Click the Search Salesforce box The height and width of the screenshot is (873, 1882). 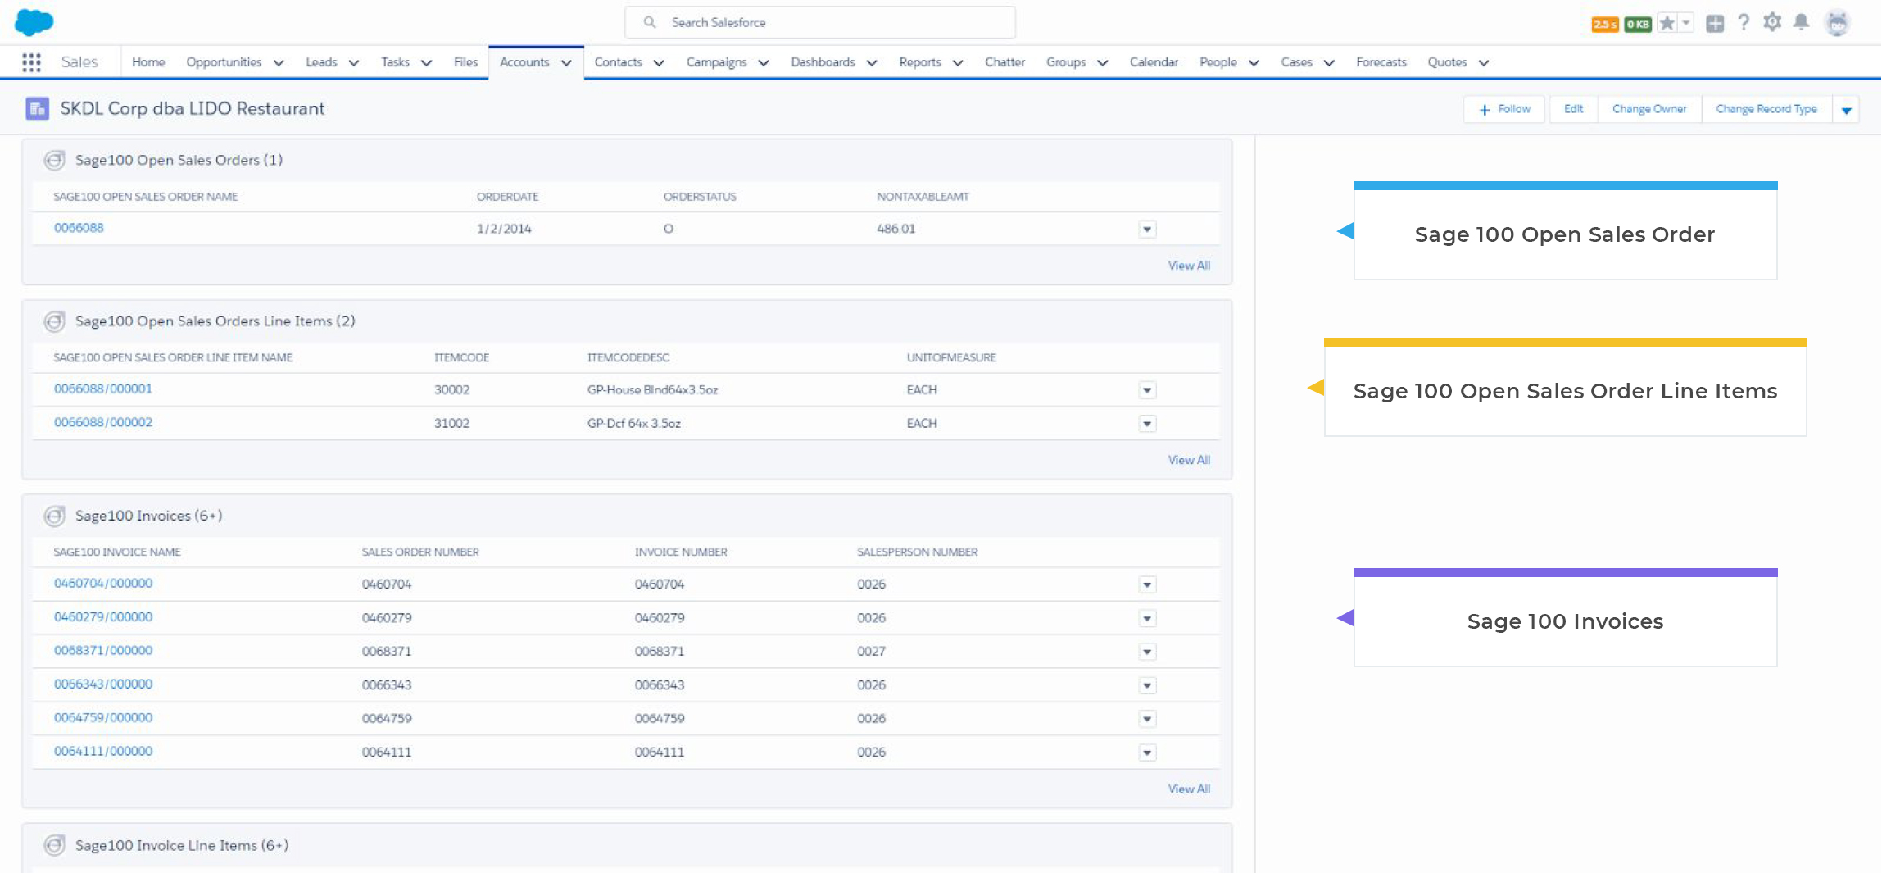pos(819,22)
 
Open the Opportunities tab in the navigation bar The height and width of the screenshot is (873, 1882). pos(224,62)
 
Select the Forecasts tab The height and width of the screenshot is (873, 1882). pos(1381,62)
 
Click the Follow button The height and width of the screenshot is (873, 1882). pos(1504,109)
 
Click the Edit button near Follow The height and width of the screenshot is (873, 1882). pos(1573,109)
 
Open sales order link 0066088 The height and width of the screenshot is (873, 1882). pos(79,228)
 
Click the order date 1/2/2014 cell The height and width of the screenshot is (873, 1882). pos(504,229)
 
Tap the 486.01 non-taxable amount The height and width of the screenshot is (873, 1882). pos(896,229)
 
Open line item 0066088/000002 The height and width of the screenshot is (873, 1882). pos(103,422)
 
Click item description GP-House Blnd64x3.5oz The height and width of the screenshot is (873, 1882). pos(652,389)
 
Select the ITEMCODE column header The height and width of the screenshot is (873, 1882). pos(461,357)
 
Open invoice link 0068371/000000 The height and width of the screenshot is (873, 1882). pos(103,650)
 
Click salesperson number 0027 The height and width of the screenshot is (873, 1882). pos(871,651)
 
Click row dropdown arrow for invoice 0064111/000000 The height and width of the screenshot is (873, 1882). pos(1147,753)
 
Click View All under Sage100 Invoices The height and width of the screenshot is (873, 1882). pos(1188,789)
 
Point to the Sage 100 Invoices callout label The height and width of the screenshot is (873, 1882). pos(1565,621)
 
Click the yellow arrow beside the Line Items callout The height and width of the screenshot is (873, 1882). pos(1316,388)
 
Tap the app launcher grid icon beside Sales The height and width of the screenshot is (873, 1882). pos(31,62)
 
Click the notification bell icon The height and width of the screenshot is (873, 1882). pos(1801,22)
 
